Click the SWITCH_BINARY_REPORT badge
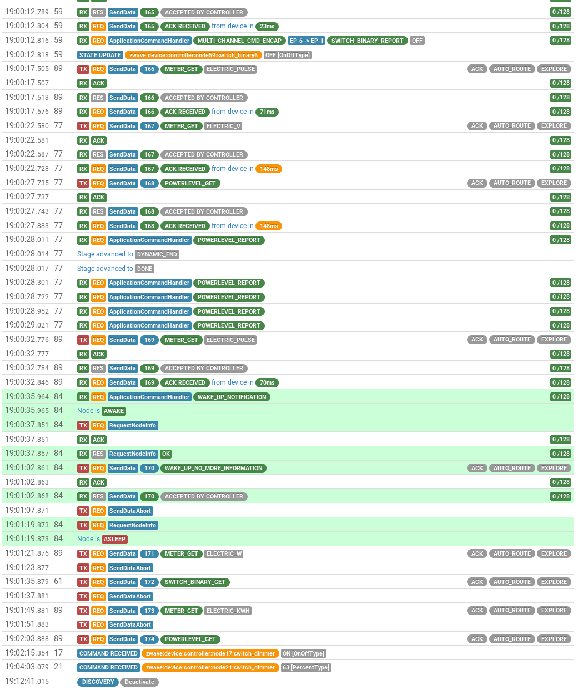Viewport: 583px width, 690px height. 367,41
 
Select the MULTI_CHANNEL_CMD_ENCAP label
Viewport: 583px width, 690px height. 239,41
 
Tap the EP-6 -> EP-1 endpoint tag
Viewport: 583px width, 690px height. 306,41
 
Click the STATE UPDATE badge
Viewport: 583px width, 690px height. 100,55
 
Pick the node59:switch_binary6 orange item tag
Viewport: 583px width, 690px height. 193,55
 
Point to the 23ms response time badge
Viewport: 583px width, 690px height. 267,26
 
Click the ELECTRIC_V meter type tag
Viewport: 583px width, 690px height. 223,126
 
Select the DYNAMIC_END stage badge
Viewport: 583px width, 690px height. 157,254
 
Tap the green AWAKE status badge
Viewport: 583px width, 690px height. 114,411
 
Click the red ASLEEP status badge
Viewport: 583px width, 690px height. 114,539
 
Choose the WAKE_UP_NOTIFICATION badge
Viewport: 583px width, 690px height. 232,397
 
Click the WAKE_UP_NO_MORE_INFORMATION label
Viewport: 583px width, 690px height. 213,468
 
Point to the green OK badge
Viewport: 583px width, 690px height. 166,454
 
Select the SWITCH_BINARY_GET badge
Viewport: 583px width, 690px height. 195,582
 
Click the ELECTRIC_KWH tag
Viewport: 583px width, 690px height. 228,611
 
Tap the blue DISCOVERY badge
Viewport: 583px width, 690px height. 98,682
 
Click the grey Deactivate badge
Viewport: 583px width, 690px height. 139,682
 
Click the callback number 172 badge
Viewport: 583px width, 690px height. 149,582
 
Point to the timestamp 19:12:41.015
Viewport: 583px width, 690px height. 27,682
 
